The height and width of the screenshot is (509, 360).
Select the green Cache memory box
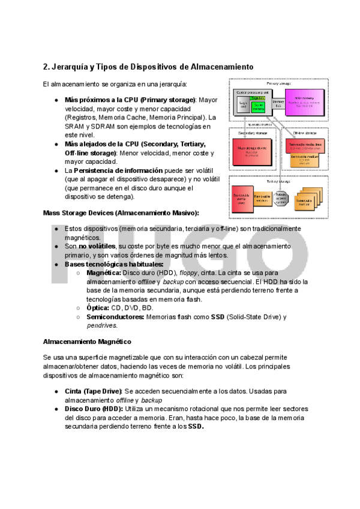[258, 107]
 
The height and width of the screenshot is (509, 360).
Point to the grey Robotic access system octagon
[281, 198]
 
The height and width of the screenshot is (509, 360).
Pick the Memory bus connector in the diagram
[278, 104]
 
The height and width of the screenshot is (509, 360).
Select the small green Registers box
[257, 98]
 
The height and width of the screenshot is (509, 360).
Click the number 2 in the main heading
[46, 66]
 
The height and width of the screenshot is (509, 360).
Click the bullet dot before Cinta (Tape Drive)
[56, 391]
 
